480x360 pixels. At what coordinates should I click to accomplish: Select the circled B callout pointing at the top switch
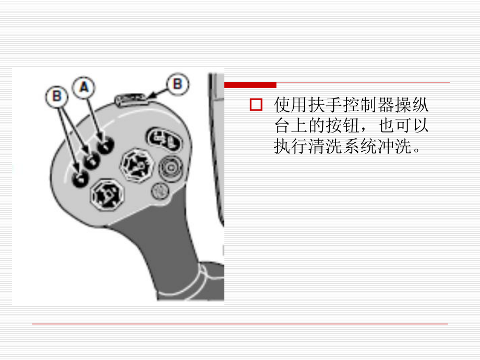click(x=178, y=84)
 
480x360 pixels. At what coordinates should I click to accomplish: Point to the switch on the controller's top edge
click(x=130, y=98)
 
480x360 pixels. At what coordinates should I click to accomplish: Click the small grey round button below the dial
click(x=159, y=191)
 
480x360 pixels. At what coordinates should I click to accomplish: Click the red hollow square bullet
click(x=256, y=105)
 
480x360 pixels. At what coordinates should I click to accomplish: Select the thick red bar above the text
click(x=250, y=85)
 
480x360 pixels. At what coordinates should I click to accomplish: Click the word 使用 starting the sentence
click(x=287, y=106)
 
